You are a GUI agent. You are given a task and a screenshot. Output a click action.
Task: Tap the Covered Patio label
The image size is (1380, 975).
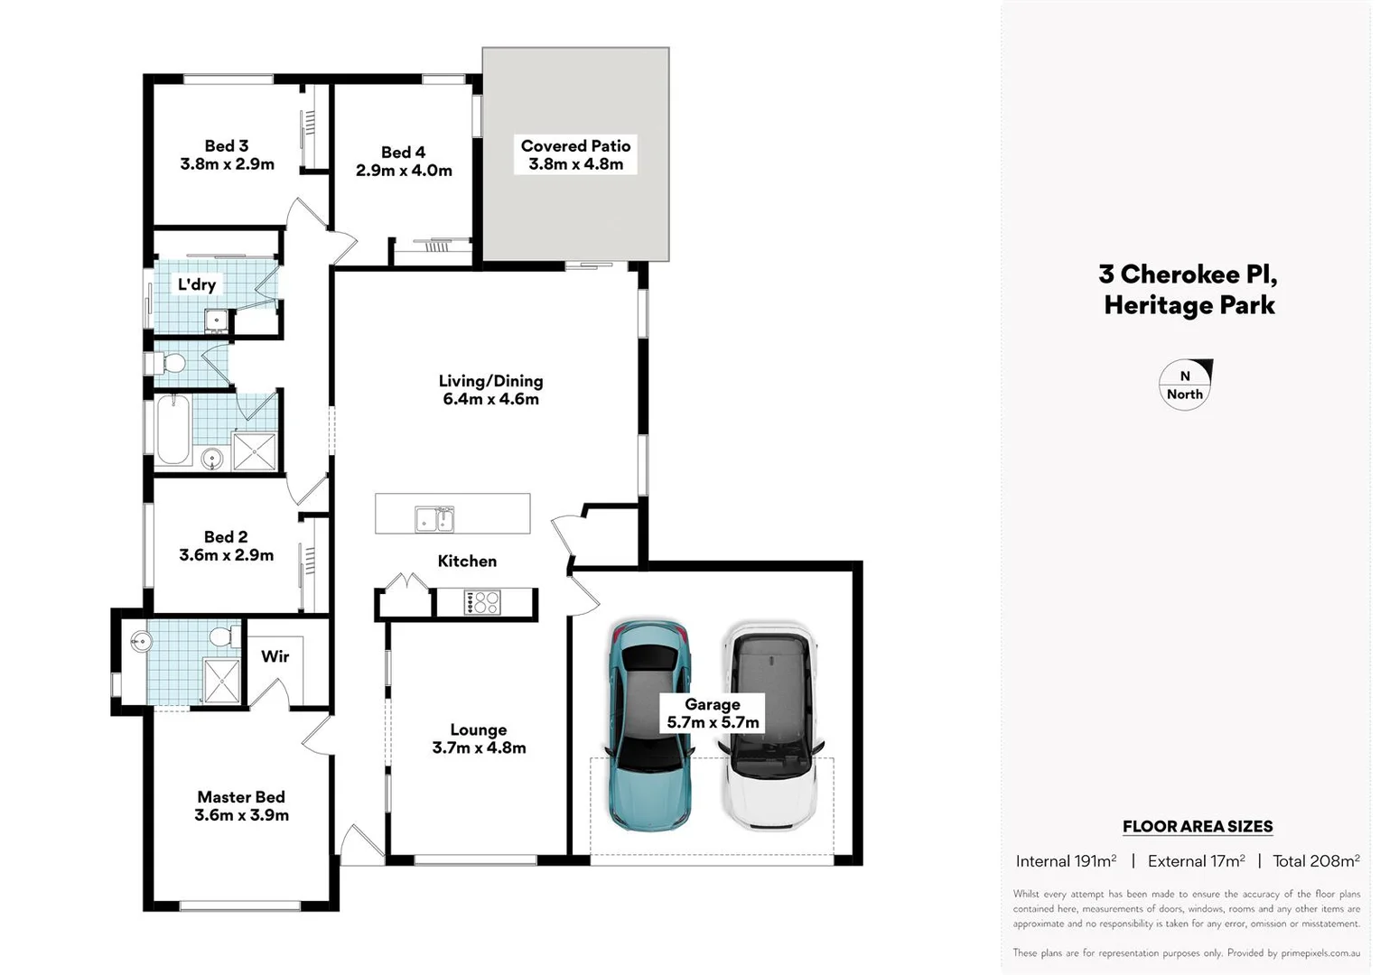[x=575, y=146]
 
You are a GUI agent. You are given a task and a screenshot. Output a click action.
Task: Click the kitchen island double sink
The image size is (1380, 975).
[x=434, y=520]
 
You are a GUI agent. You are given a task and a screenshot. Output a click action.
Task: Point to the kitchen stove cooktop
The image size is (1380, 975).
[x=482, y=602]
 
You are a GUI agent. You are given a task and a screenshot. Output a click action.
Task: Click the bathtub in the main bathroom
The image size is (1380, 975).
[x=172, y=430]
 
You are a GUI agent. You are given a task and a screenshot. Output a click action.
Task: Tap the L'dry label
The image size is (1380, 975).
[x=196, y=285]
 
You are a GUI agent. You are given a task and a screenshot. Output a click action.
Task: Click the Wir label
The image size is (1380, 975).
[x=275, y=656]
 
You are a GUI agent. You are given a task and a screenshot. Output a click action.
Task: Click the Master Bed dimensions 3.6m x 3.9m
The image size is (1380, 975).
[x=241, y=815]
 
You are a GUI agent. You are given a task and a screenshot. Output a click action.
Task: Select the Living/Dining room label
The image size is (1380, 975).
[x=490, y=381]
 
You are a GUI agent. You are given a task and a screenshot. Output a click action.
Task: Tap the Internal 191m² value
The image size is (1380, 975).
[x=1066, y=861]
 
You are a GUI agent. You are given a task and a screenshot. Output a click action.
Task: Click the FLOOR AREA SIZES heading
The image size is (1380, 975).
[x=1198, y=826]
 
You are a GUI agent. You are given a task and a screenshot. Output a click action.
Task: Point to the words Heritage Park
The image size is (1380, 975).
[x=1189, y=305]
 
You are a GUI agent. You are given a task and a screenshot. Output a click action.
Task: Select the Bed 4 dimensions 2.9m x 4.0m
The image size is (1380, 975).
[x=404, y=171]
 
